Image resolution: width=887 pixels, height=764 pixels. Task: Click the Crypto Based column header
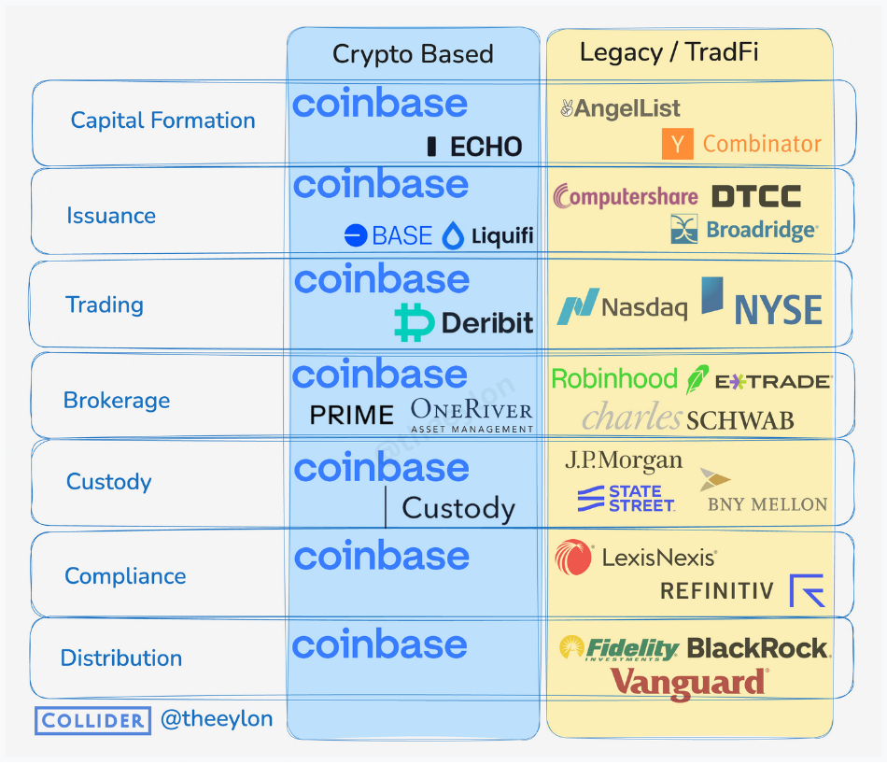pos(413,54)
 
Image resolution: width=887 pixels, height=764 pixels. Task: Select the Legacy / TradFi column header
pos(669,52)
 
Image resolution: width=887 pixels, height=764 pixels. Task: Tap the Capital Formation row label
pos(162,120)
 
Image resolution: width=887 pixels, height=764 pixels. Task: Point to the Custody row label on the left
pos(108,482)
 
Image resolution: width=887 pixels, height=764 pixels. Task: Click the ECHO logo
pos(474,147)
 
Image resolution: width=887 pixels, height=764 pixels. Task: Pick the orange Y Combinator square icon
pos(677,144)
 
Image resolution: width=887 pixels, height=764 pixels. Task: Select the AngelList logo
pos(620,108)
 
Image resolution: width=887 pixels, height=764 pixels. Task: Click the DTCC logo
pos(755,196)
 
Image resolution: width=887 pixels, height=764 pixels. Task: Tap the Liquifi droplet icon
pos(453,235)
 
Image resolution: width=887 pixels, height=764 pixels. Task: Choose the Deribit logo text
pos(486,324)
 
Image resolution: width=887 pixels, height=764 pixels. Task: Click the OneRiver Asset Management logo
pos(472,415)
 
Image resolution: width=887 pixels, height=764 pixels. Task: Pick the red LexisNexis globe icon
pos(573,558)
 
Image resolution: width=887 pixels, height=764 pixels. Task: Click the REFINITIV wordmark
pos(717,590)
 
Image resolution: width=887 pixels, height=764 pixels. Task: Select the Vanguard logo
pos(689,682)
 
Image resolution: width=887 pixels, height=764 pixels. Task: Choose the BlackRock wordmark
pos(757,647)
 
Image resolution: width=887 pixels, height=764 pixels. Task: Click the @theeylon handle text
pos(217,719)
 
